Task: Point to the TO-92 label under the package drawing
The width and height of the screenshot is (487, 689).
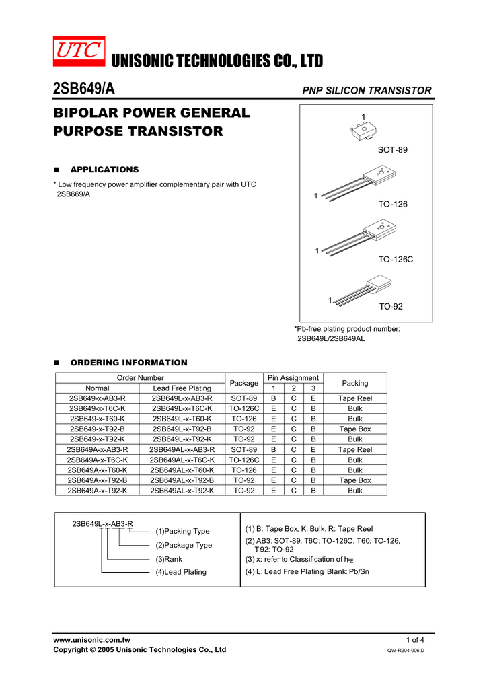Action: click(x=390, y=307)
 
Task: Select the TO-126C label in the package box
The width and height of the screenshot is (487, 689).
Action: click(x=396, y=259)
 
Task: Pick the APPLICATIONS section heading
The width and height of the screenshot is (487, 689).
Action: click(x=104, y=170)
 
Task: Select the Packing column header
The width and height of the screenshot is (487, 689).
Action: click(x=355, y=383)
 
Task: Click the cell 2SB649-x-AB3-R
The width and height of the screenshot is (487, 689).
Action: click(x=97, y=398)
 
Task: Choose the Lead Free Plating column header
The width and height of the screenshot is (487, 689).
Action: click(x=182, y=388)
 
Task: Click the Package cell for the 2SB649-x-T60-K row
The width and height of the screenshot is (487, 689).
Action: click(x=243, y=419)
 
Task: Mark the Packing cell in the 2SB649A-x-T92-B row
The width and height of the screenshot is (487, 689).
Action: click(x=355, y=480)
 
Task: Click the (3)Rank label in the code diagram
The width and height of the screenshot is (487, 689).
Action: click(x=169, y=559)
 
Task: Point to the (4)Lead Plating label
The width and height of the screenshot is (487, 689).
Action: click(x=181, y=572)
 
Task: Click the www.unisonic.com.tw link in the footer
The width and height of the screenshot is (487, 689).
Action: click(x=91, y=639)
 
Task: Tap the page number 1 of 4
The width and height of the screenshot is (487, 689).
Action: click(x=415, y=639)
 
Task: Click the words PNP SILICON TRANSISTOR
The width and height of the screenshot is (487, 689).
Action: click(x=367, y=90)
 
